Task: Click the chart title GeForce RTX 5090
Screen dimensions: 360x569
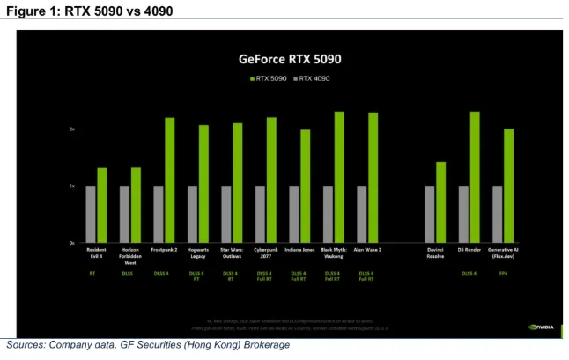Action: (290, 60)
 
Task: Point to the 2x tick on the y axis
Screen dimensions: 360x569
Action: (72, 129)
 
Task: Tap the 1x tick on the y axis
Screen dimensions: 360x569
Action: (72, 186)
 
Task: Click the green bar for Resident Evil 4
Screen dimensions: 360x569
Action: (102, 205)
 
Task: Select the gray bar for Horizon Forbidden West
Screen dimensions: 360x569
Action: (124, 214)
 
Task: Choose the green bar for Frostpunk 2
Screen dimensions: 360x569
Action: (170, 180)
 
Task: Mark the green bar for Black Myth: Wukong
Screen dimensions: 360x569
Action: (339, 177)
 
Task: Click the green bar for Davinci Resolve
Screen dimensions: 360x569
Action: (440, 202)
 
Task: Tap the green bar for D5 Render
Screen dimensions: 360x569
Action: (475, 177)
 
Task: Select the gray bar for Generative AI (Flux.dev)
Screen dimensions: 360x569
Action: (498, 214)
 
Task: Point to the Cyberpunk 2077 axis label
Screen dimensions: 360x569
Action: (265, 252)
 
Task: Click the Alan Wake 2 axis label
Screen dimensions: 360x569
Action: (367, 250)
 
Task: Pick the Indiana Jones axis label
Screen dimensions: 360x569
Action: (299, 250)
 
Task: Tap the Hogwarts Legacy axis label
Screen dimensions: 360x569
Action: (197, 252)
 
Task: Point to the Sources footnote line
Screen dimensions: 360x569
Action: (148, 345)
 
